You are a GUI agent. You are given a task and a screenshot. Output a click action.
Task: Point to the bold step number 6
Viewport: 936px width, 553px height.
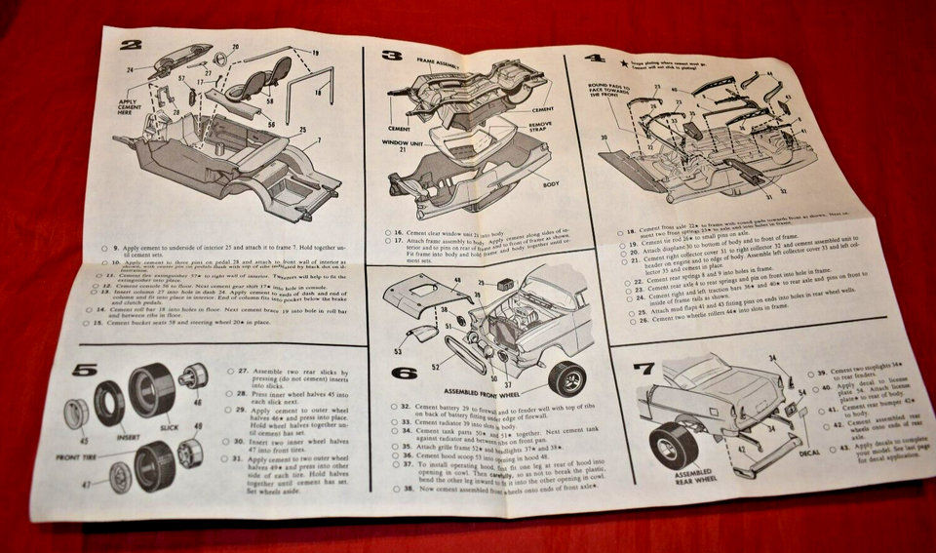[402, 372]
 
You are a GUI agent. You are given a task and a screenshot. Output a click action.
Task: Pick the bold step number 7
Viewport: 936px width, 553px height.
[642, 369]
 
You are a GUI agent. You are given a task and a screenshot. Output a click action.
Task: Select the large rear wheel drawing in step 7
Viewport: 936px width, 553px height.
[673, 446]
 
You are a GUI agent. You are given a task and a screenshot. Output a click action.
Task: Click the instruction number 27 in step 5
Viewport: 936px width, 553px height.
[241, 372]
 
